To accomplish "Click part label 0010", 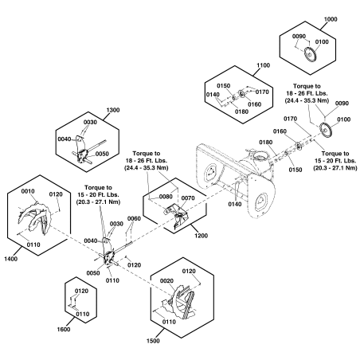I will (29, 191).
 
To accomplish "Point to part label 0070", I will (188, 198).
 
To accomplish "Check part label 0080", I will (166, 196).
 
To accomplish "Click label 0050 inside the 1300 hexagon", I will (102, 153).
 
